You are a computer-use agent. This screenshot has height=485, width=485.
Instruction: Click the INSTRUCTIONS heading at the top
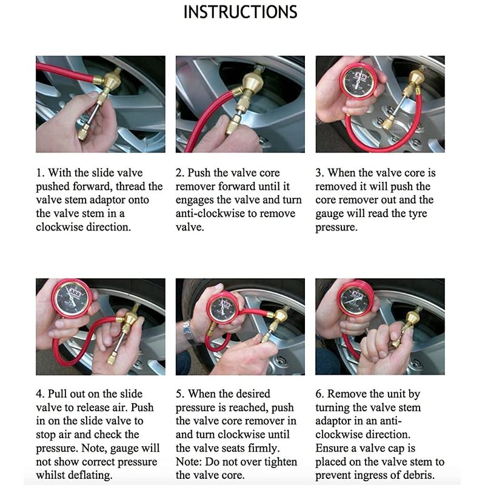coord(240,12)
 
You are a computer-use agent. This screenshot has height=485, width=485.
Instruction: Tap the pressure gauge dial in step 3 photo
coord(358,81)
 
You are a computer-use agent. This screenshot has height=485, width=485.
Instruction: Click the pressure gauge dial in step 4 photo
coord(72,298)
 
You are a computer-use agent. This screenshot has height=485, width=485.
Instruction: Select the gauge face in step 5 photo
coord(224,309)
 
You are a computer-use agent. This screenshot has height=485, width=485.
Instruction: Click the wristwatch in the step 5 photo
coord(189,332)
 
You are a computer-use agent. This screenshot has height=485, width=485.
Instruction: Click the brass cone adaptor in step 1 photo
coord(110,81)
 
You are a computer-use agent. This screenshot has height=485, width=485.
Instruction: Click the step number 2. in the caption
coord(180,173)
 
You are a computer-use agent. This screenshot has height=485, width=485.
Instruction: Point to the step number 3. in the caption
coord(320,173)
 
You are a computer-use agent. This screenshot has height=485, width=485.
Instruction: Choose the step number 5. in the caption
coord(180,393)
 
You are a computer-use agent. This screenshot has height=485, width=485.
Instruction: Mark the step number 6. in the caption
coord(320,393)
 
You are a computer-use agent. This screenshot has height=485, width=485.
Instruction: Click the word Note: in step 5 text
coord(189,462)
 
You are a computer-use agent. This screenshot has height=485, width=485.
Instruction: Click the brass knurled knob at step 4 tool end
coord(112,359)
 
